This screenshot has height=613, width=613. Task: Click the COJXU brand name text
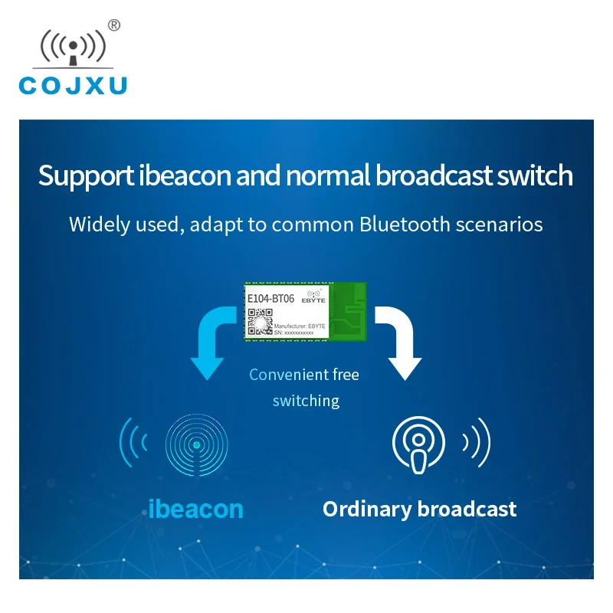click(x=73, y=85)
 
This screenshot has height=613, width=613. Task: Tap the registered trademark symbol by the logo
click(x=114, y=25)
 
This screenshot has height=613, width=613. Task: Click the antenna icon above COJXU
click(x=73, y=48)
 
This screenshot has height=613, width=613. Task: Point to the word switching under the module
click(x=306, y=401)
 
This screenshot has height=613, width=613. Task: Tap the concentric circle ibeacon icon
click(x=197, y=445)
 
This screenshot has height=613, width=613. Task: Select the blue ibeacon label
click(x=195, y=509)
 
